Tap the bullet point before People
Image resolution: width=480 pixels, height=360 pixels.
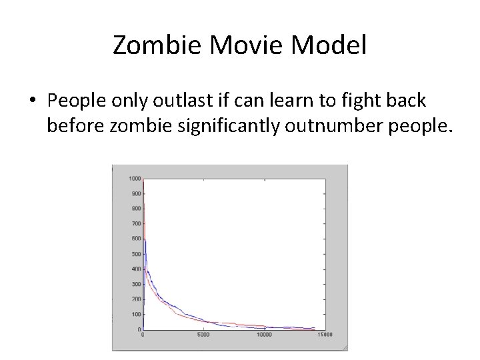tap(33, 101)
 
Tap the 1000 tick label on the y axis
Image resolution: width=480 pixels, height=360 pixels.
tap(135, 179)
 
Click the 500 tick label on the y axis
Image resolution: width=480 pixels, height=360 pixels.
tap(136, 254)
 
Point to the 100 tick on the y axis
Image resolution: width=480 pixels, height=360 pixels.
tap(136, 314)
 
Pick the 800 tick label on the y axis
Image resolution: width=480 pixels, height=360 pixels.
tap(136, 209)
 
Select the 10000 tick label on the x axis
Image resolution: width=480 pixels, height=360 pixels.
tap(265, 335)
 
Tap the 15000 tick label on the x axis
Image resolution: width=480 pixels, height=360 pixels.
tap(325, 335)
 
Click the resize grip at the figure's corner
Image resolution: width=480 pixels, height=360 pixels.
tap(343, 347)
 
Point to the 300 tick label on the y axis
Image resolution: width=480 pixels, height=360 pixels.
tap(136, 284)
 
